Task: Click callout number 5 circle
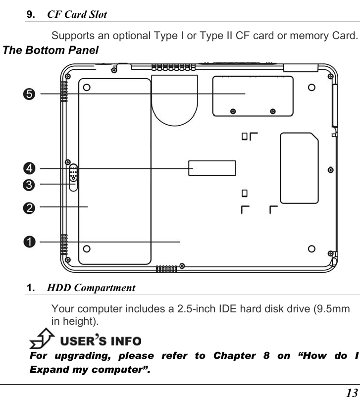click(30, 94)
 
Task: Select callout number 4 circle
click(30, 169)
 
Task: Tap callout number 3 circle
click(30, 185)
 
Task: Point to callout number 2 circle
click(30, 208)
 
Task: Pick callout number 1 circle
click(30, 242)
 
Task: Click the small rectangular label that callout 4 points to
click(212, 168)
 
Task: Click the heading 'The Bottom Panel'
click(51, 50)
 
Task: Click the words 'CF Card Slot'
click(77, 14)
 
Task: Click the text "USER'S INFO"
click(101, 341)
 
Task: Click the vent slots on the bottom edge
click(166, 269)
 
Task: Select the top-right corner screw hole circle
click(311, 88)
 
